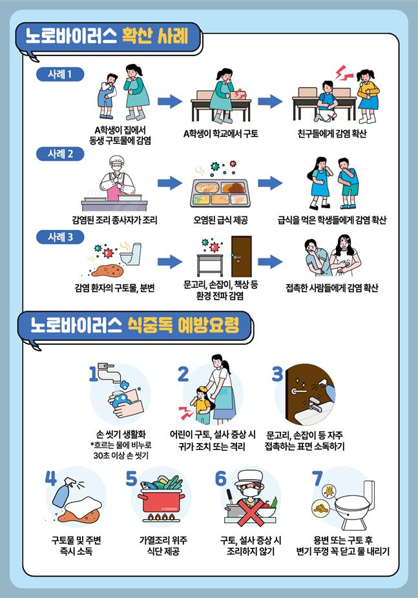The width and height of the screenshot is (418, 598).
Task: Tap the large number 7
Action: pos(317,478)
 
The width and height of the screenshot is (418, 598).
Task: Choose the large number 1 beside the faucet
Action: pos(94,373)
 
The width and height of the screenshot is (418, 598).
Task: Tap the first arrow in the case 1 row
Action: pos(170,101)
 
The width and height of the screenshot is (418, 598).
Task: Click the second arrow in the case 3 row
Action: pos(269,262)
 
